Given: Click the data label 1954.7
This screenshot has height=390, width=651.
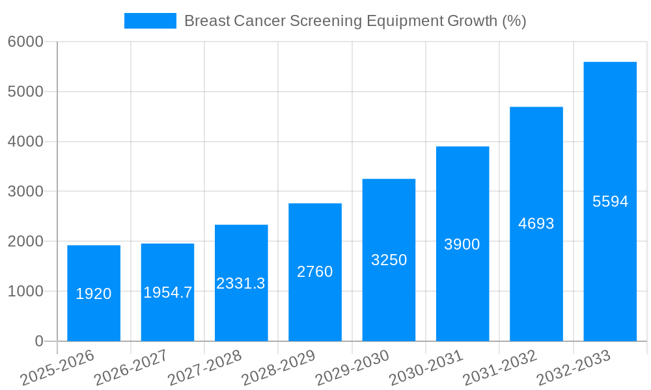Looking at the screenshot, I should [167, 292].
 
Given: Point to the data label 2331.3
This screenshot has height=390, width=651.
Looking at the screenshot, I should [241, 283].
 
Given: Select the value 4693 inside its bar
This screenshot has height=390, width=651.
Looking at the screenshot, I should [536, 224].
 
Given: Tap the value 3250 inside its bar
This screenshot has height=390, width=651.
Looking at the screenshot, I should [389, 260].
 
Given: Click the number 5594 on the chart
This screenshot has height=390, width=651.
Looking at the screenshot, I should [610, 201].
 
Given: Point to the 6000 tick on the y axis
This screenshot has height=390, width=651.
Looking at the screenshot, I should [25, 42].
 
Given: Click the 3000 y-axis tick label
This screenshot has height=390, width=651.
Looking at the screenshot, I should [25, 192].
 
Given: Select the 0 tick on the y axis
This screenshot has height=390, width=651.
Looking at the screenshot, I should [39, 341].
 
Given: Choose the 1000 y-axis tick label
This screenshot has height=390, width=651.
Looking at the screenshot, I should [25, 291].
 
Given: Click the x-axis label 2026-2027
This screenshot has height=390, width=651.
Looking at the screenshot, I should [131, 367].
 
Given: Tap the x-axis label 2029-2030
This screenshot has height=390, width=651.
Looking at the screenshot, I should [352, 367].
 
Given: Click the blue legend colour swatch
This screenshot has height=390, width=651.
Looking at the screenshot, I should [150, 21].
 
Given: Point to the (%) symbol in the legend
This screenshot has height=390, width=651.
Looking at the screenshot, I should [514, 21].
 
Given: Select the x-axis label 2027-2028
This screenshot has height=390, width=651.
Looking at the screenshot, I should [204, 367].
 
